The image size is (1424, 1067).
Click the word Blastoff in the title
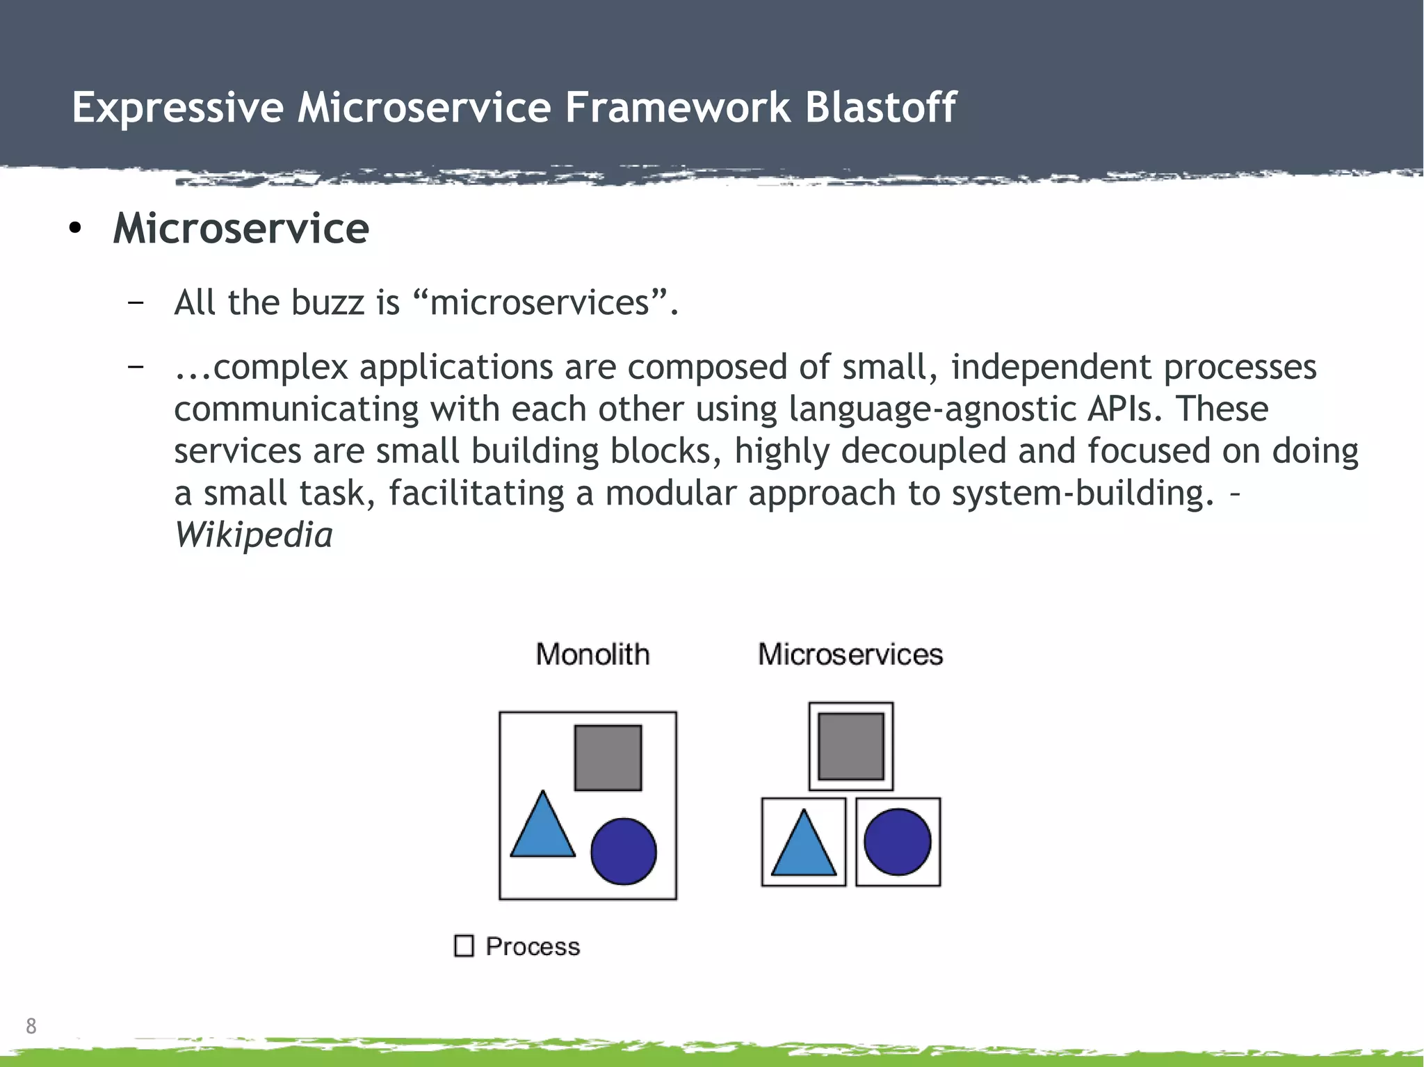click(x=880, y=108)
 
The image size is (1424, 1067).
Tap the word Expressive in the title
click(x=178, y=108)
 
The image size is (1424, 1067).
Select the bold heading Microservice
click(x=241, y=229)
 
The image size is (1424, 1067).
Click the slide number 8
click(x=31, y=1026)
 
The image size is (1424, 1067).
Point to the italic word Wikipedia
click(x=253, y=535)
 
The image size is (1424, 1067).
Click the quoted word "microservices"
click(x=540, y=303)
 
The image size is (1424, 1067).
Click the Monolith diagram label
click(x=592, y=655)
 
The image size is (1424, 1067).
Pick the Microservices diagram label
click(x=850, y=655)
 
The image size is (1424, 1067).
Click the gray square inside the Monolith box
click(x=608, y=758)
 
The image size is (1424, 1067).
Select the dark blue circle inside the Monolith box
click(x=623, y=851)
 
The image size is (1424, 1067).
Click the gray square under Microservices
click(x=850, y=747)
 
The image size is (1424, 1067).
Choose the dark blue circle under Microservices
click(x=897, y=842)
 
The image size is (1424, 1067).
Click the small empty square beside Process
click(x=464, y=946)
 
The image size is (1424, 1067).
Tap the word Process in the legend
click(x=533, y=947)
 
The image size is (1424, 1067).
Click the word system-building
click(x=1078, y=494)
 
